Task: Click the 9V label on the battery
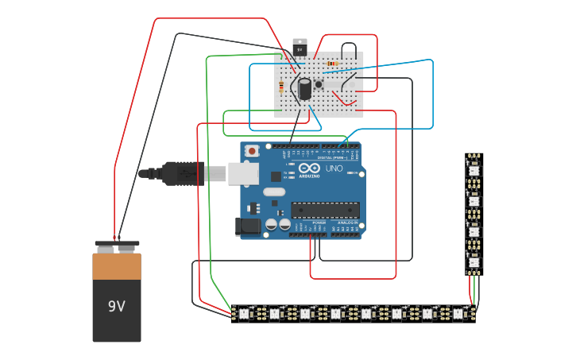pos(117,306)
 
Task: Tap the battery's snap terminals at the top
pos(117,246)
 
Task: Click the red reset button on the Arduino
pos(252,150)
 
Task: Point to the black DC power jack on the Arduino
pos(248,226)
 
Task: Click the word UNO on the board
pos(334,169)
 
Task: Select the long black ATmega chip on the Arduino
pos(325,210)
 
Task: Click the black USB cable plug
pos(183,173)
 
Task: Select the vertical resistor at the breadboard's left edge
pos(280,87)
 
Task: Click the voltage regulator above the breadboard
pos(300,48)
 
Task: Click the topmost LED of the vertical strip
pos(474,169)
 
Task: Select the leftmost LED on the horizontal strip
pos(244,314)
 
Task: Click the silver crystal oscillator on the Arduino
pos(274,192)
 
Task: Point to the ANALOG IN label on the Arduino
pos(347,223)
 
